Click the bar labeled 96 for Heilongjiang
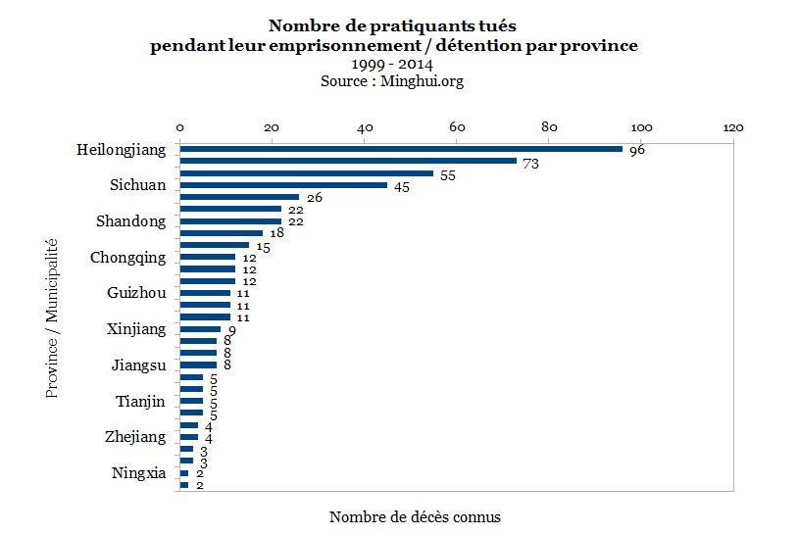(401, 149)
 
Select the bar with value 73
(348, 161)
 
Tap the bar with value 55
(307, 173)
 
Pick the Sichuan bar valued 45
(283, 185)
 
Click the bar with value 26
(239, 197)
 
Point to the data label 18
(276, 233)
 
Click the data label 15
(263, 246)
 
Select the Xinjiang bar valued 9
(200, 329)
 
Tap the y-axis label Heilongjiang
(122, 150)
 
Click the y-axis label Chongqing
(128, 258)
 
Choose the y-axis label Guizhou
(136, 293)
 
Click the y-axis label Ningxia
(139, 474)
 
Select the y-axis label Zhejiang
(135, 437)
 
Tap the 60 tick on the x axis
(457, 127)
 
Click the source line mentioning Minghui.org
(392, 81)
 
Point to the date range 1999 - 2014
(392, 65)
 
